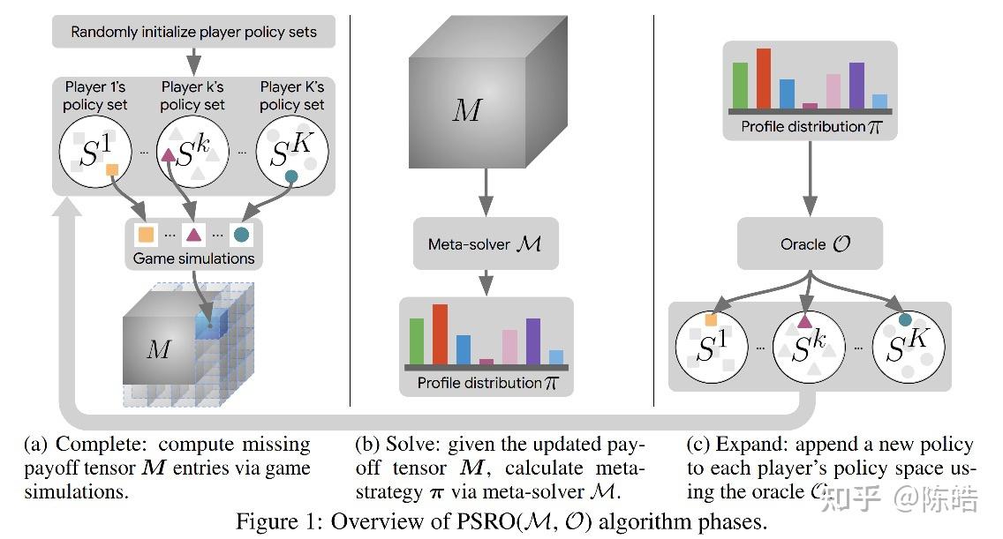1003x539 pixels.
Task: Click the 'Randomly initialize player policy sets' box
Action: click(x=193, y=33)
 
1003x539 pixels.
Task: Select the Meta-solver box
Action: click(x=486, y=243)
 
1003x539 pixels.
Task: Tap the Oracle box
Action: click(x=810, y=243)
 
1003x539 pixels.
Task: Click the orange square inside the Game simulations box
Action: click(x=146, y=236)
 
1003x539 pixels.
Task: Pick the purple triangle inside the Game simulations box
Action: click(x=193, y=236)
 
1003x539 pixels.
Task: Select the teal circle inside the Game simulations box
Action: click(x=240, y=236)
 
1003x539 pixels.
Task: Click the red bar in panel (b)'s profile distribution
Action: click(x=440, y=333)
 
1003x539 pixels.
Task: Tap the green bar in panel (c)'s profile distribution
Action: click(x=740, y=85)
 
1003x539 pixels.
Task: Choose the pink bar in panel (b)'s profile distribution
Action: click(x=509, y=345)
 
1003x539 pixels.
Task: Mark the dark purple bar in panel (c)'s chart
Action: click(x=856, y=85)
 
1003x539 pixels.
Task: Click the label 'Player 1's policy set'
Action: click(x=94, y=96)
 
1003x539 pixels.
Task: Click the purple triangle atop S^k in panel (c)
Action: click(x=804, y=322)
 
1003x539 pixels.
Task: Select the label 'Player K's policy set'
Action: click(x=292, y=96)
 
